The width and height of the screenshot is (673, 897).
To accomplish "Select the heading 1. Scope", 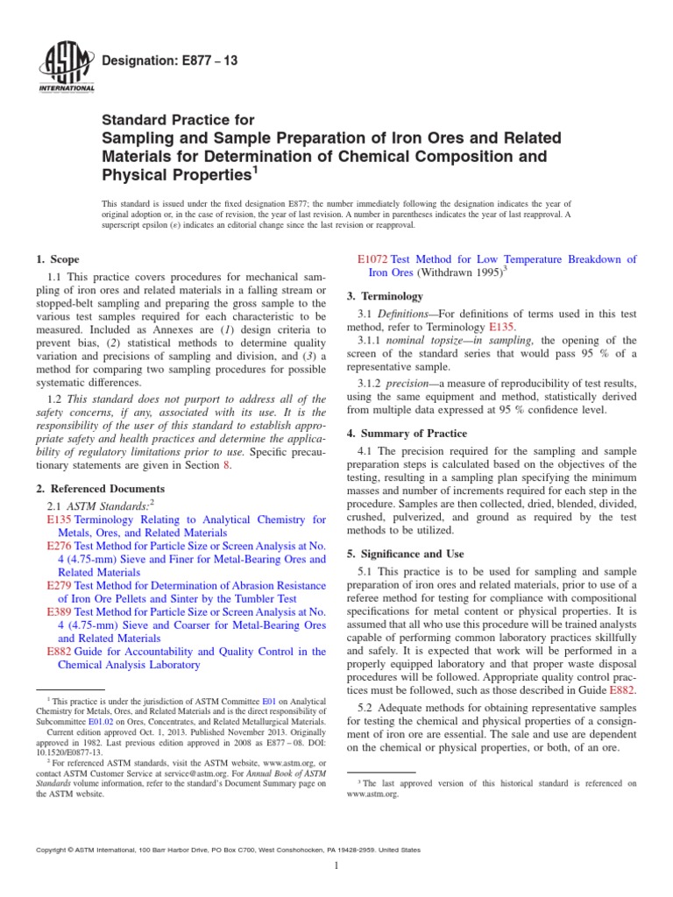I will [57, 259].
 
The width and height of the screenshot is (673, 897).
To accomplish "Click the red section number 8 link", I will [227, 465].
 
